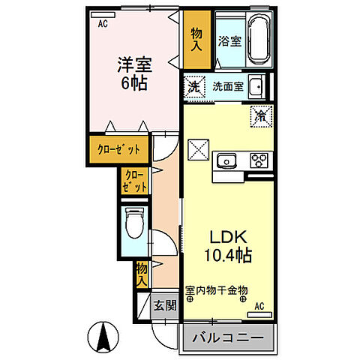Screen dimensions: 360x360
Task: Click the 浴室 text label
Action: pos(229,42)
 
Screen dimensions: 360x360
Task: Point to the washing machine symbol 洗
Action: pos(193,87)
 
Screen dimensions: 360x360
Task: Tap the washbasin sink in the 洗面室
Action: pos(256,86)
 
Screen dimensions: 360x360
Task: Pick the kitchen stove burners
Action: pos(259,160)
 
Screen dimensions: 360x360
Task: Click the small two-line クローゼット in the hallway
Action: pos(135,182)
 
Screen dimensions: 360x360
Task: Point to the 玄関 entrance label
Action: pos(164,305)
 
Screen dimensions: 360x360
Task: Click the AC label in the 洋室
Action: pos(103,22)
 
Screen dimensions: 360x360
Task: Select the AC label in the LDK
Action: pos(259,306)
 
